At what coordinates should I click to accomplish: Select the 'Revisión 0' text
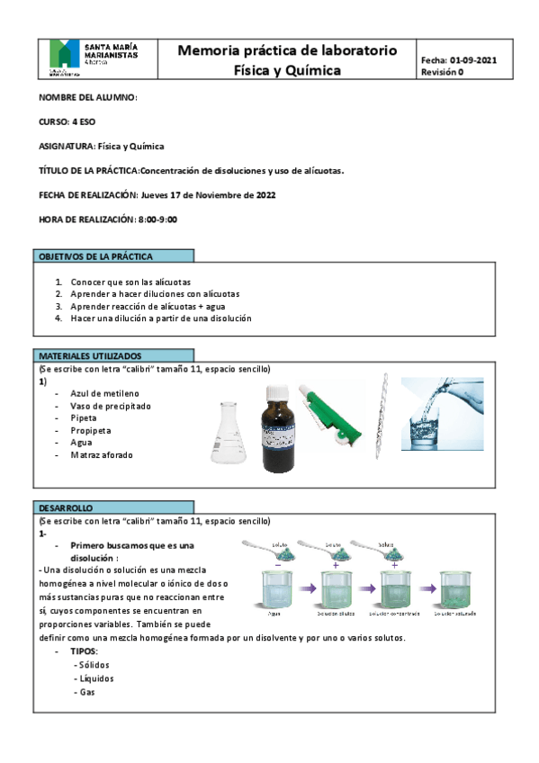click(442, 73)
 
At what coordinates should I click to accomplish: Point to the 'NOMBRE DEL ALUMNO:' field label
click(87, 97)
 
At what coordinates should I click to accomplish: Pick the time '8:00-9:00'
click(157, 219)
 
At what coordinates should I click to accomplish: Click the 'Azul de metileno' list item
click(104, 393)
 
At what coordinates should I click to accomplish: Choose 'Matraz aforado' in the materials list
click(101, 455)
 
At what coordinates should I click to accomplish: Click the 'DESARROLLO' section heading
click(66, 507)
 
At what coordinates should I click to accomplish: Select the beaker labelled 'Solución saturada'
click(454, 590)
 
